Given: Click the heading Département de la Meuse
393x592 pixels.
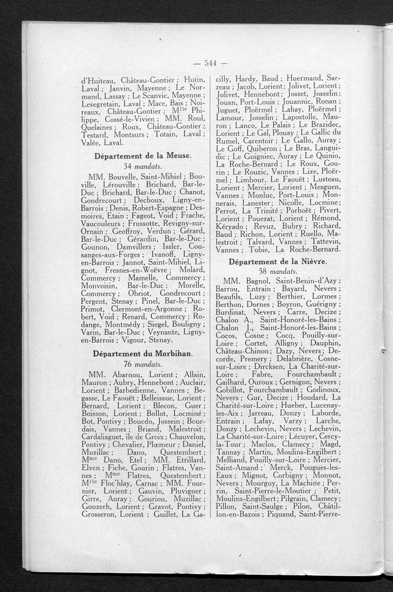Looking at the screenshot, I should click(142, 156).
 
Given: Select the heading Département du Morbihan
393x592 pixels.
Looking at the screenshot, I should click(142, 353).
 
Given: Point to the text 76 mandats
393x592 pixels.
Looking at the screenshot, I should click(142, 364).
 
